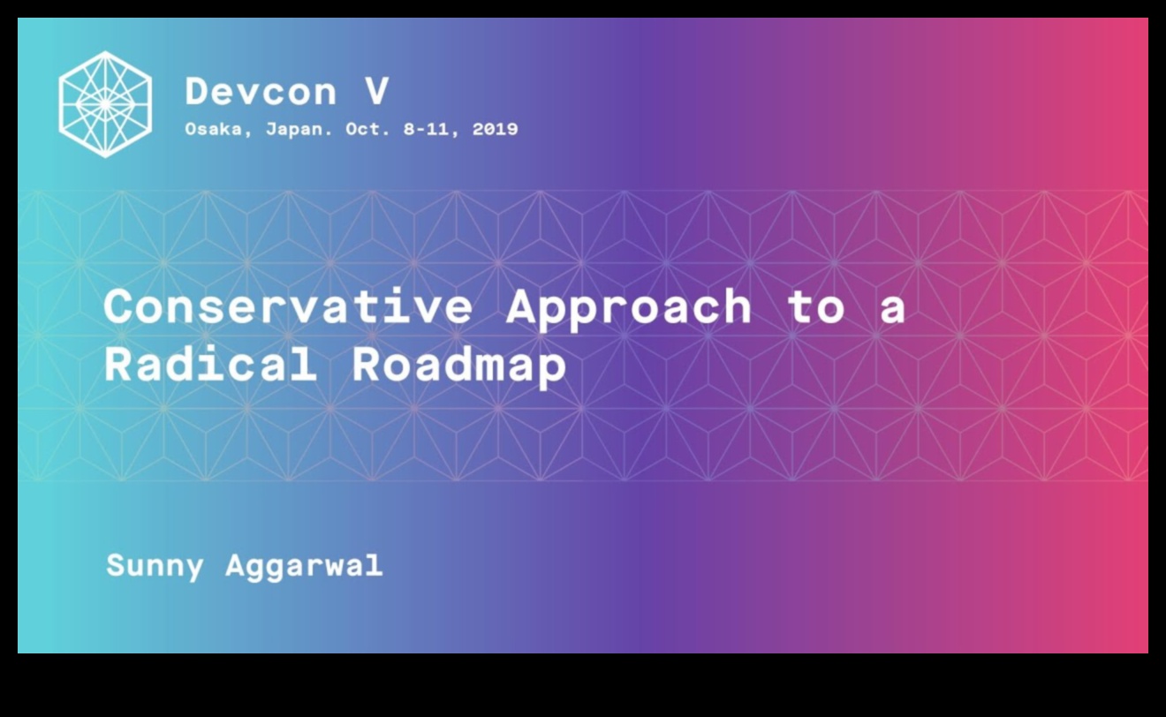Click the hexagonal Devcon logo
pos(105,104)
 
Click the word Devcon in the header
pos(261,92)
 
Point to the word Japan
pos(299,130)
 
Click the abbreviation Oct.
pos(367,129)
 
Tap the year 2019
pos(495,129)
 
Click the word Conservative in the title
pos(288,306)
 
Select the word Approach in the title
pos(629,310)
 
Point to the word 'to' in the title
pos(815,307)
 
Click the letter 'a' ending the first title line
pos(892,311)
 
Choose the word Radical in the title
pos(211,364)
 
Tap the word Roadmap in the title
pos(459,366)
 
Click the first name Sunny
pos(155,567)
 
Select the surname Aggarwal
pos(305,567)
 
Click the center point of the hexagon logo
pos(105,104)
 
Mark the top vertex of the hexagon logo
pos(105,51)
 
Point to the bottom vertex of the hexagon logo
pos(105,158)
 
